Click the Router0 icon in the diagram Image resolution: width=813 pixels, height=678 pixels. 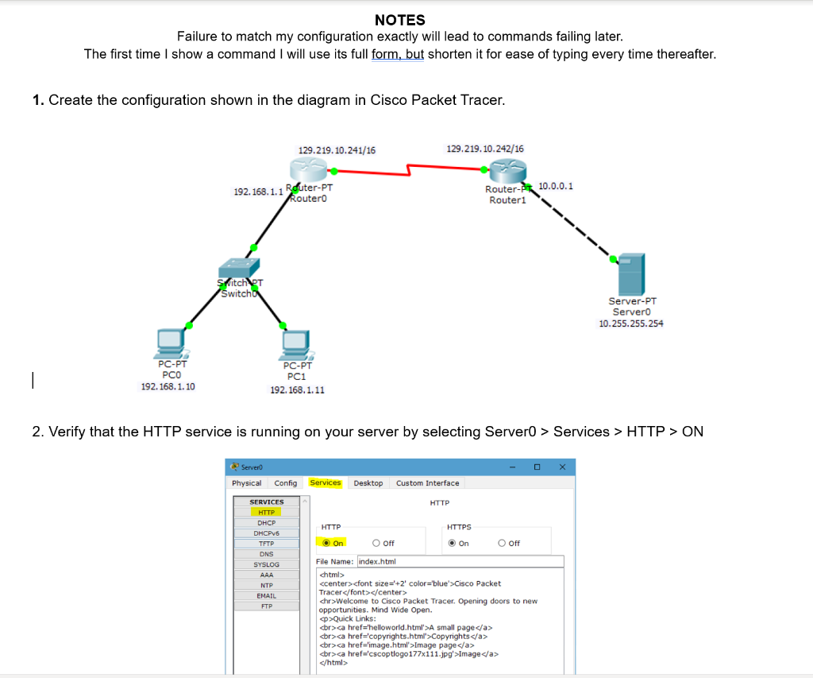[x=308, y=170]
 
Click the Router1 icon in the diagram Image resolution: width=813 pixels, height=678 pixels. [x=507, y=170]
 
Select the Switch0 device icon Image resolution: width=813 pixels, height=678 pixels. [x=238, y=267]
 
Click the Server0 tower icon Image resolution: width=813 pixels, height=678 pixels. [x=632, y=273]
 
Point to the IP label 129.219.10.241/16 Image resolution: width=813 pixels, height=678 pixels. [x=337, y=149]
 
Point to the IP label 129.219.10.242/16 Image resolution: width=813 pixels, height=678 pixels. [x=485, y=149]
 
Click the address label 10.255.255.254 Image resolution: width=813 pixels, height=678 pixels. [x=631, y=324]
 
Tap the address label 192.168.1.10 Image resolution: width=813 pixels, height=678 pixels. [x=168, y=386]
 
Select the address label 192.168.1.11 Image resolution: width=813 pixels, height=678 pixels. [x=297, y=389]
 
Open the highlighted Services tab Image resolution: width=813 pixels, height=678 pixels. [x=325, y=482]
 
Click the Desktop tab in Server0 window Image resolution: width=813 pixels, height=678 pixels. [x=368, y=483]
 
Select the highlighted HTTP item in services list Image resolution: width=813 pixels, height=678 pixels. [x=266, y=513]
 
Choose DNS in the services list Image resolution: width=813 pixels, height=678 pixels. [x=266, y=554]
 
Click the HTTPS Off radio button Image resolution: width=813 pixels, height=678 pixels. [x=503, y=544]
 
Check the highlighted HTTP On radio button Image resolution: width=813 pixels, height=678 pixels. [x=326, y=544]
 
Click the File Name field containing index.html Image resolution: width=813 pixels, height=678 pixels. [x=460, y=561]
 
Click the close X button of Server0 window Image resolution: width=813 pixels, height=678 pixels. [x=561, y=467]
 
